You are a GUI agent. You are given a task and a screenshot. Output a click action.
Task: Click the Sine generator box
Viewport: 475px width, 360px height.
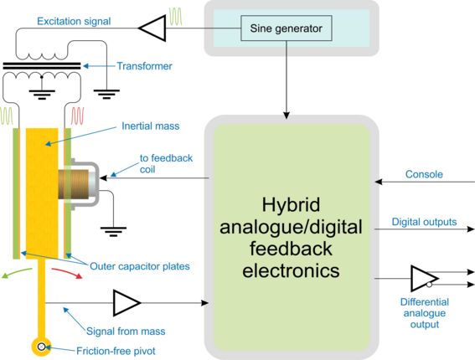287,28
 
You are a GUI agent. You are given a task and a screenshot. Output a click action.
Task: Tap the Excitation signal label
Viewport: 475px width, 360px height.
74,22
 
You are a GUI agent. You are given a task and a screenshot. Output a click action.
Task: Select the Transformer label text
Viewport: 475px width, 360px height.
144,66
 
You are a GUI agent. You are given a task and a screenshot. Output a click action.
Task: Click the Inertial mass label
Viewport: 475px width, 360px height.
151,126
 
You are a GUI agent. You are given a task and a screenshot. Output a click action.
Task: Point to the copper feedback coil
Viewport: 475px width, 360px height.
74,184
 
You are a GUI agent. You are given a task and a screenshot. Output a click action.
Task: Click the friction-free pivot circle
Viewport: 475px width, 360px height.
41,347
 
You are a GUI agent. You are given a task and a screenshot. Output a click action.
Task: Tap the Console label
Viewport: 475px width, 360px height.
424,174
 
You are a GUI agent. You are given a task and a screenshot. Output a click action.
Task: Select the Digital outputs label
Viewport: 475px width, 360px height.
424,222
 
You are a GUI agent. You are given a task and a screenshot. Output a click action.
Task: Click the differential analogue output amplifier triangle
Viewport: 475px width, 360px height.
425,279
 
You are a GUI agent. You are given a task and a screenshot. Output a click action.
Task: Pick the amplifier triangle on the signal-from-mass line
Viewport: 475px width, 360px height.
126,303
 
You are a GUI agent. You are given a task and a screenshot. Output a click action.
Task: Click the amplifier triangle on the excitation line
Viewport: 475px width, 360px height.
152,28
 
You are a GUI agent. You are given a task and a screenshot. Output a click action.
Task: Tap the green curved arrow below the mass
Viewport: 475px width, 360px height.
17,273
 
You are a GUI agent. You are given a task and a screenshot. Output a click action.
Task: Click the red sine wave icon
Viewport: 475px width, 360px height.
77,116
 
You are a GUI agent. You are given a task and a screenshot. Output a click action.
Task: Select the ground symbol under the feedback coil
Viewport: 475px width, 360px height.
113,232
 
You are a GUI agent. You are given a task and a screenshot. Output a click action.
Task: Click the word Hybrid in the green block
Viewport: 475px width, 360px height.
291,205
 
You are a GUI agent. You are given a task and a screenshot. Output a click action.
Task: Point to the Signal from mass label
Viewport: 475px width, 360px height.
126,332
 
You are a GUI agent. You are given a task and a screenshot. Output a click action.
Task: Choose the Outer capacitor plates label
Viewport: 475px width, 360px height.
140,266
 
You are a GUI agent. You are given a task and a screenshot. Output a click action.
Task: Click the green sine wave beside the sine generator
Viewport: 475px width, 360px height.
175,17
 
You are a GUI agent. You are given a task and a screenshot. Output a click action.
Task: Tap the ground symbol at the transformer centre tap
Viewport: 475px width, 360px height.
42,95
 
